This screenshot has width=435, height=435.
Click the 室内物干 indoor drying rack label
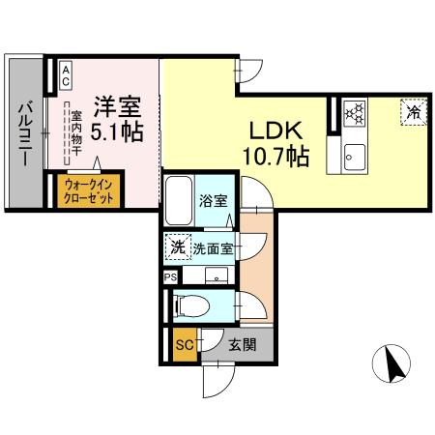tap(74, 135)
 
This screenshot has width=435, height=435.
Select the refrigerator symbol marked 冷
tap(412, 113)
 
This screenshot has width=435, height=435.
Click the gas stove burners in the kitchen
tap(354, 114)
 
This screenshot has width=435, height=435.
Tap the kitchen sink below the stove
tap(354, 154)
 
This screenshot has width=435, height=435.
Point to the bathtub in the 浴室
tap(179, 203)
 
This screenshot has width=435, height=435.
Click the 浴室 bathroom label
tap(214, 202)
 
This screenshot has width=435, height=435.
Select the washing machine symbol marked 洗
tap(177, 246)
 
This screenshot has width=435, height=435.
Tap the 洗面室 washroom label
tap(213, 247)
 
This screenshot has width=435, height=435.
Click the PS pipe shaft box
tap(171, 276)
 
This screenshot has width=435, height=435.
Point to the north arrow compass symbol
tap(393, 365)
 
